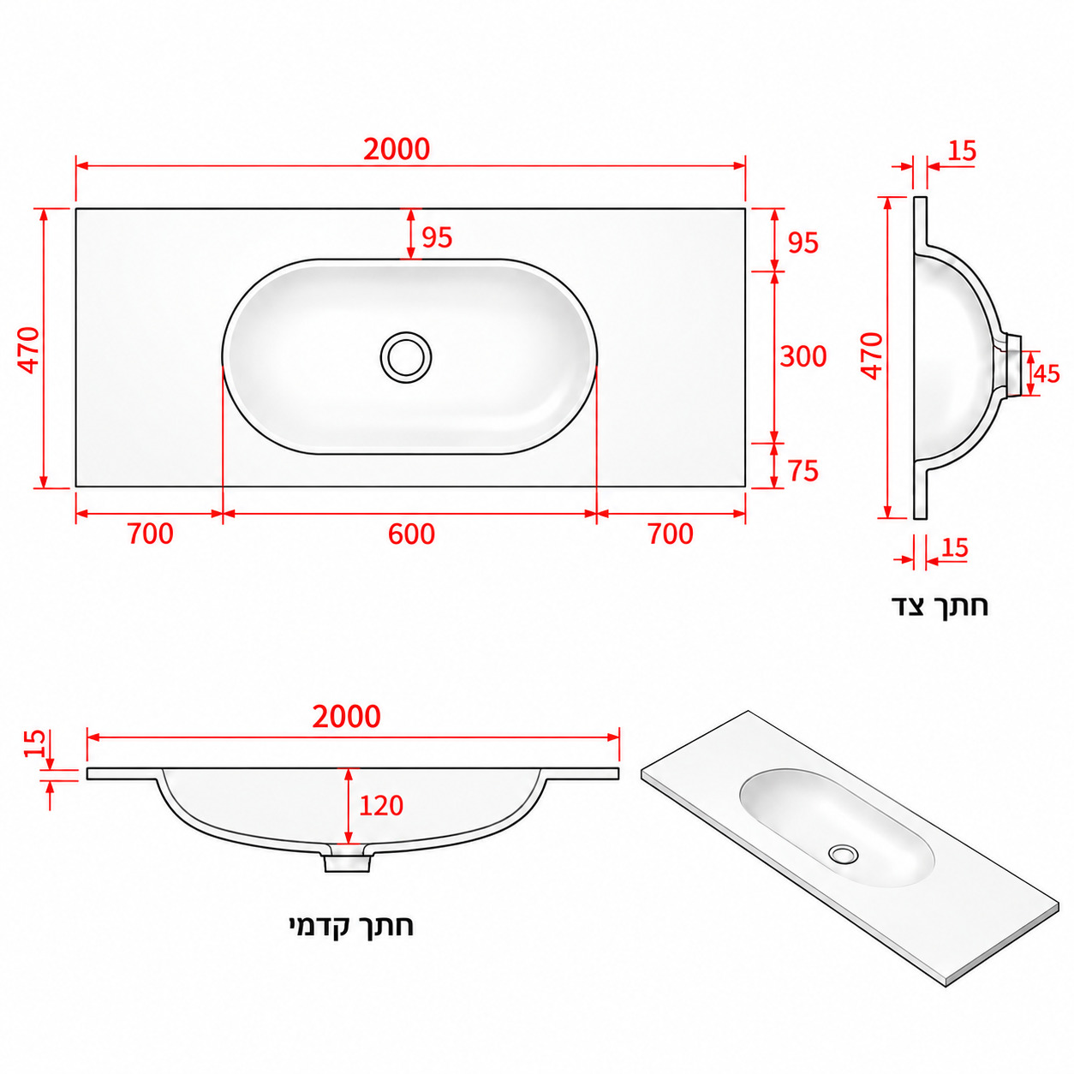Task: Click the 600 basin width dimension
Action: (411, 534)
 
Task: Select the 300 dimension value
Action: (803, 356)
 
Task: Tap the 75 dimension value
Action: (803, 471)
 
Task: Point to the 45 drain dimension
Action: (1046, 373)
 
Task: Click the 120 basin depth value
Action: (380, 805)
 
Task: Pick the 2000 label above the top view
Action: (397, 149)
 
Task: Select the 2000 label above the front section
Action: (346, 717)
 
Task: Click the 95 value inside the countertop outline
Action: (437, 237)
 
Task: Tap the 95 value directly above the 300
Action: (803, 242)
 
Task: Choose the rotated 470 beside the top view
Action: (29, 350)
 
